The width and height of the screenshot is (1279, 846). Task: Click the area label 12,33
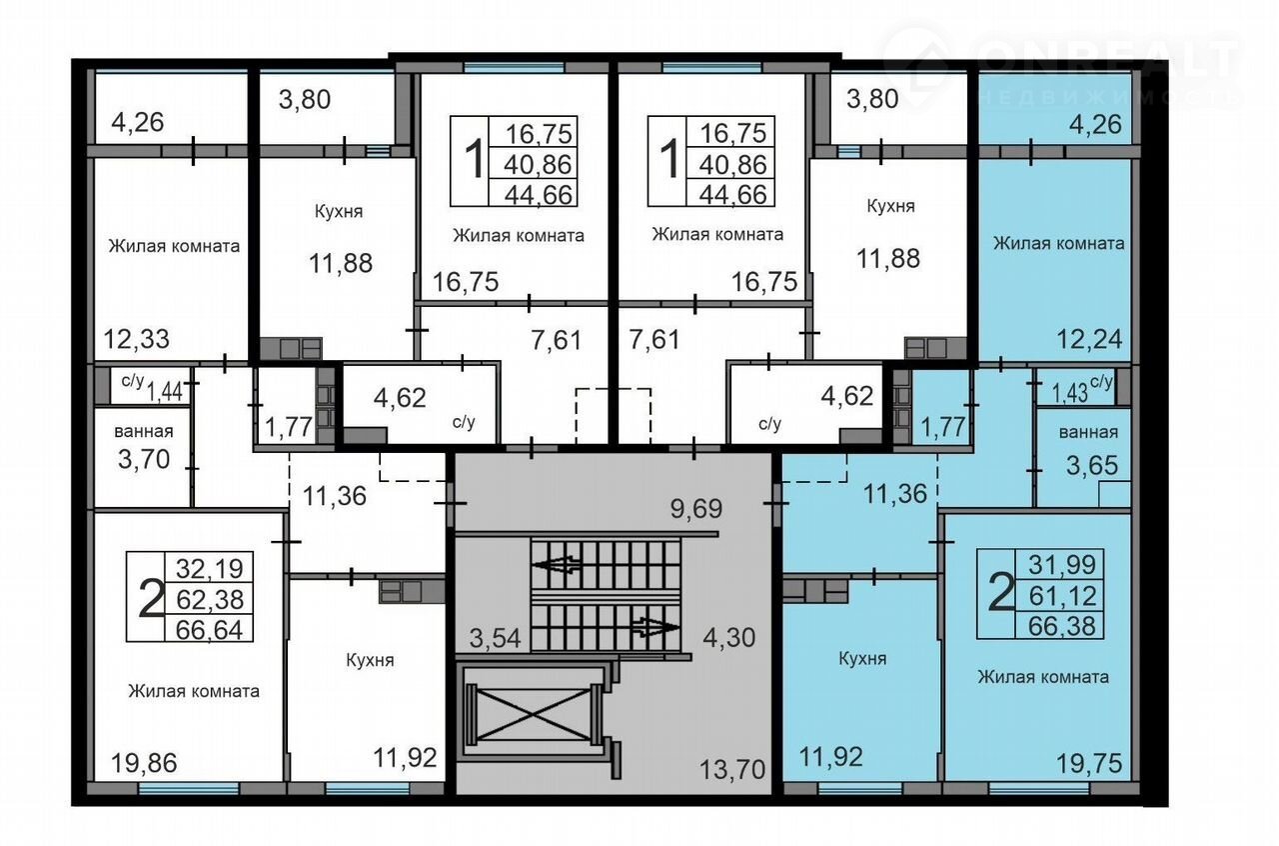tap(137, 339)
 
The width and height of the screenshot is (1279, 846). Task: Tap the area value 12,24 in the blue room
tap(1089, 339)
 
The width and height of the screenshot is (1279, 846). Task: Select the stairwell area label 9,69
tap(696, 508)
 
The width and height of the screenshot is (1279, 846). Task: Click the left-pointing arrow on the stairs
tap(558, 565)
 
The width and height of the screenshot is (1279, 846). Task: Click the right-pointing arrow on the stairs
tap(655, 627)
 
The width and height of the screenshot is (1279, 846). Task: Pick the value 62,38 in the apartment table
tap(210, 600)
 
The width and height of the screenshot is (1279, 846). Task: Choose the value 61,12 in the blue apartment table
tap(1062, 596)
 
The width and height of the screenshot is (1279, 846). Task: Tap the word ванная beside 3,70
tap(143, 431)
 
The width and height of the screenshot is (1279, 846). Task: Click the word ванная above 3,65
tap(1088, 432)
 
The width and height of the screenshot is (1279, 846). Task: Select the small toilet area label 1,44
tap(165, 393)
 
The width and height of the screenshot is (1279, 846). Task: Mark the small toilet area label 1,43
tap(1069, 393)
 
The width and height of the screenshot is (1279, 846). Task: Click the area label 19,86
tap(144, 763)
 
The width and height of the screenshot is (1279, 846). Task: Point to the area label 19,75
tap(1089, 764)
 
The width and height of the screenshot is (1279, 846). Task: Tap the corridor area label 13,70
tap(732, 769)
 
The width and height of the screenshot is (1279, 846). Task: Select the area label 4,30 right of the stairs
tap(729, 637)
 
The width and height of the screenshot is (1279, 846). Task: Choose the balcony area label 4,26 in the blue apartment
tap(1096, 124)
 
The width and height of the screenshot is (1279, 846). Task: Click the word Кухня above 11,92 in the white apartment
tap(370, 660)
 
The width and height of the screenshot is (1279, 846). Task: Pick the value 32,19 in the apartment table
tap(210, 568)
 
